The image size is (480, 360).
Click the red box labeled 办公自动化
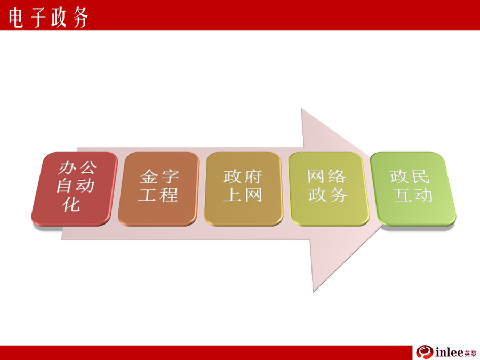click(75, 189)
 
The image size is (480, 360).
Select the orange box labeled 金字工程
click(158, 189)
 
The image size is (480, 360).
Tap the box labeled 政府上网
click(243, 189)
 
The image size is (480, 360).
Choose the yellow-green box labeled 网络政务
click(329, 189)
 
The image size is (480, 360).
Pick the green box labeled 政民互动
click(413, 189)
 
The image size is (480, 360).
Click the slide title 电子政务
click(49, 18)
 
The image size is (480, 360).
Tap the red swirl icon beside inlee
click(425, 352)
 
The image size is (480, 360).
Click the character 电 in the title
click(15, 18)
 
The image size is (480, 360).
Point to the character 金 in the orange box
click(149, 177)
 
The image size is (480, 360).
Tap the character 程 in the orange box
click(169, 195)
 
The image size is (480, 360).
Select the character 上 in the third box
click(233, 195)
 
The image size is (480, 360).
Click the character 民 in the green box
click(421, 177)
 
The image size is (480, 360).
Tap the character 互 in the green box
click(404, 195)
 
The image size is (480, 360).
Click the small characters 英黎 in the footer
click(470, 354)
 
